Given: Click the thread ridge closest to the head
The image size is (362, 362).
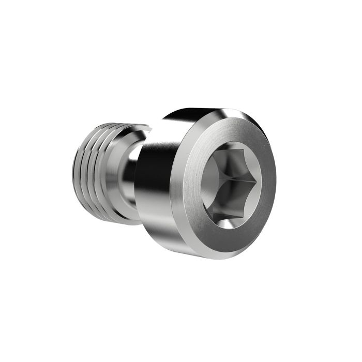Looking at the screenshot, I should (x=106, y=171).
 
